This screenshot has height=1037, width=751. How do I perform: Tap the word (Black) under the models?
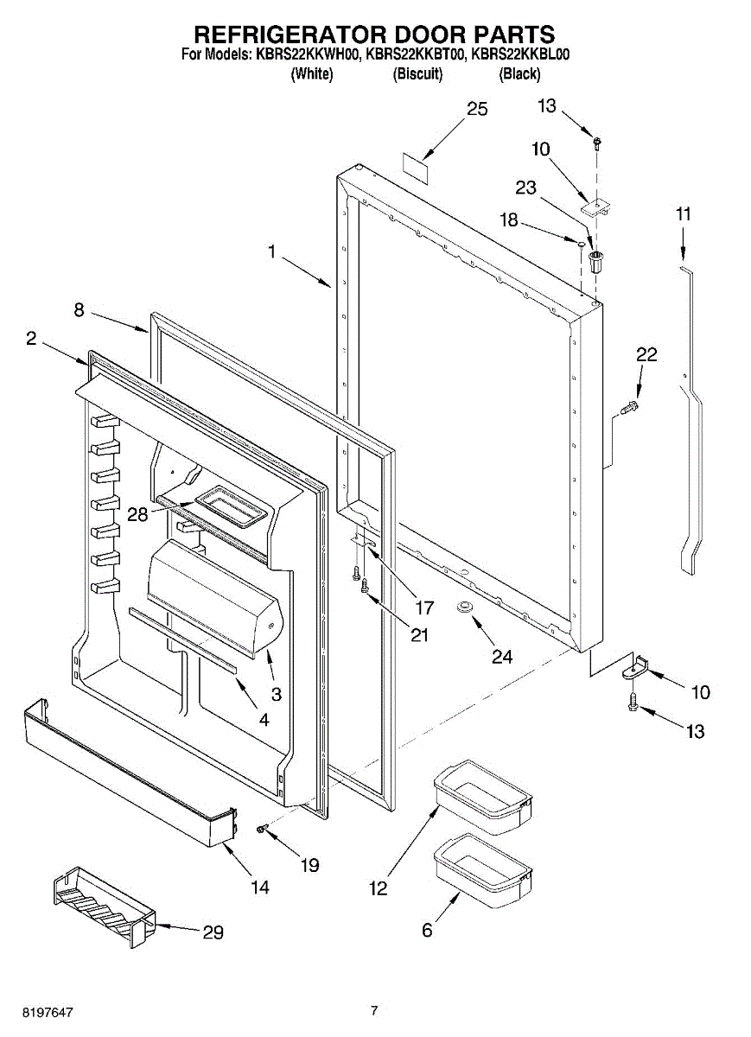(x=519, y=74)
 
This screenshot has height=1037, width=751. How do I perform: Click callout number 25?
(x=477, y=109)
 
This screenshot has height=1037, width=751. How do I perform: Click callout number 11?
(x=683, y=214)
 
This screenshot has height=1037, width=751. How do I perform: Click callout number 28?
(x=137, y=514)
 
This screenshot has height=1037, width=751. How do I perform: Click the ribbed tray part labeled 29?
(x=102, y=905)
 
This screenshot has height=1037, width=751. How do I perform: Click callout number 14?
(x=258, y=887)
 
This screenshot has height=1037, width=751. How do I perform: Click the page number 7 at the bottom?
(x=374, y=1010)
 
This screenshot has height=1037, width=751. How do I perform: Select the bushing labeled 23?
(x=595, y=261)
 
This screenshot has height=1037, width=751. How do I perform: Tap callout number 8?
(x=79, y=310)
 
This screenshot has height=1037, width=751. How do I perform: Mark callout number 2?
(x=31, y=340)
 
